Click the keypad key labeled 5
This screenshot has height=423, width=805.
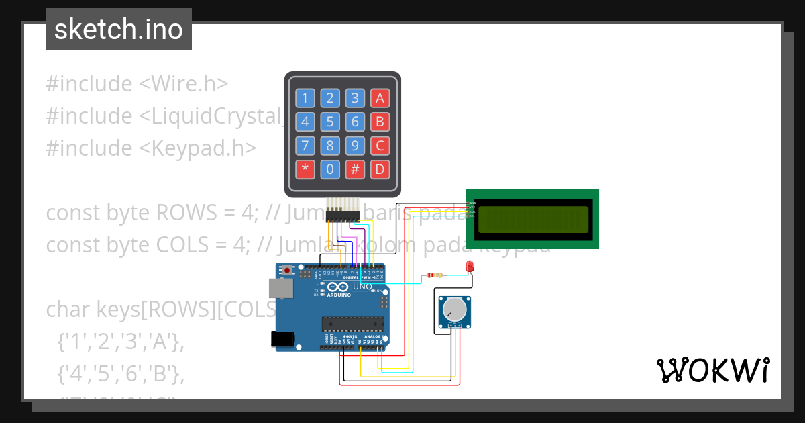(x=329, y=122)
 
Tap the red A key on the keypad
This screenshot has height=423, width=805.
(x=380, y=99)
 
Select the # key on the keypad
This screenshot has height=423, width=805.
(x=355, y=169)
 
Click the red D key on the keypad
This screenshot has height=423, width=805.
(x=380, y=169)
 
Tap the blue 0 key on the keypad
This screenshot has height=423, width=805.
(x=329, y=169)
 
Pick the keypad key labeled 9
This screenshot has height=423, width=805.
(x=355, y=145)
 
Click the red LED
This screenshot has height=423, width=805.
(x=470, y=266)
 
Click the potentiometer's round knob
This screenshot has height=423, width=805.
(x=454, y=309)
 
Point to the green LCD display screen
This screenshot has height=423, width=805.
(x=533, y=218)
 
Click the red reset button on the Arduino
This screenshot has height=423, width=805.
(x=288, y=271)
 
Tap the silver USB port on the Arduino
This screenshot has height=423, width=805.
(x=280, y=288)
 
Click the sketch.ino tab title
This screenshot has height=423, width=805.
(x=118, y=30)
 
